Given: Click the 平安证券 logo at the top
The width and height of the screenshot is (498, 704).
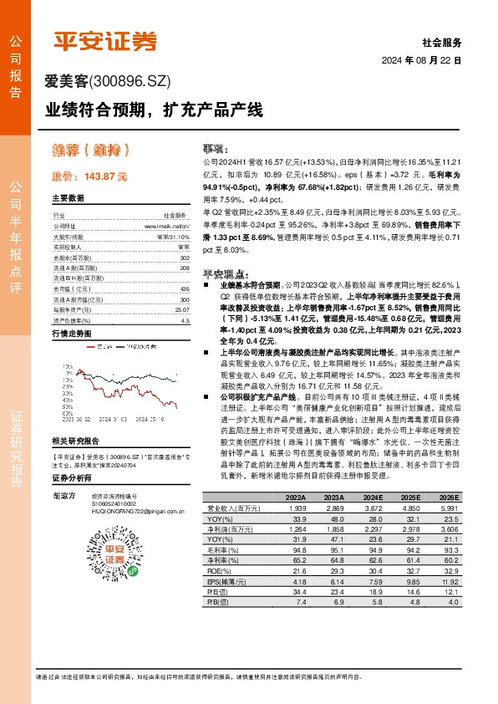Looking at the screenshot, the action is click(106, 41).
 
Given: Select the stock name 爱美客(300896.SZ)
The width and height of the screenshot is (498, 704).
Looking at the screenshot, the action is click(108, 81).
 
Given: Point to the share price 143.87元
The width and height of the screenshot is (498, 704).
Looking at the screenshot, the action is click(89, 176).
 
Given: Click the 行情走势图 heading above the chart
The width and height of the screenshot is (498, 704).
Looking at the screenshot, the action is click(70, 334).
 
